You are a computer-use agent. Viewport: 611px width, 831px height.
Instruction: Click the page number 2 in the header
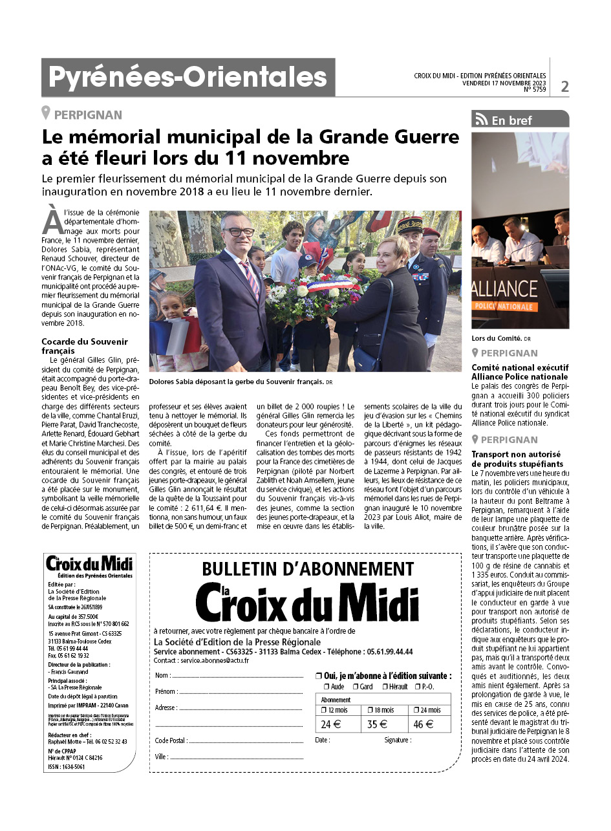pos(564,85)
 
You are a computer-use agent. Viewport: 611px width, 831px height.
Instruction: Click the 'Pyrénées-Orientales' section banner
pos(188,78)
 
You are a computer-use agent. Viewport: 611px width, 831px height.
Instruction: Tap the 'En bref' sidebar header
pos(511,120)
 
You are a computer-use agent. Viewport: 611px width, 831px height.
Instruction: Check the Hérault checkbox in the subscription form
pos(385,686)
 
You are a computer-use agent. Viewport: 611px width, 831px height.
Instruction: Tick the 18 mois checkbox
pos(365,710)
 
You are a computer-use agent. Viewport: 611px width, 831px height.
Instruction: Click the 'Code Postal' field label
pos(171,740)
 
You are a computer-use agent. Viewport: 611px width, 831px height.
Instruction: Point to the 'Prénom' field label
pos(166,691)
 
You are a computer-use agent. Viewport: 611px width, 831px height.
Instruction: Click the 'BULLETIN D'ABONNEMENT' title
pos(308,568)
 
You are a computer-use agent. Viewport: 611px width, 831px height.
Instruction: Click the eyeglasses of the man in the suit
pos(239,232)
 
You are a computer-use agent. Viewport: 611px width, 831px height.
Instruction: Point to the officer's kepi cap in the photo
pos(409,224)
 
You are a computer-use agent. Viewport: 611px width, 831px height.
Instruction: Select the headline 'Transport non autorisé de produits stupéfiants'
pos(517,459)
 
